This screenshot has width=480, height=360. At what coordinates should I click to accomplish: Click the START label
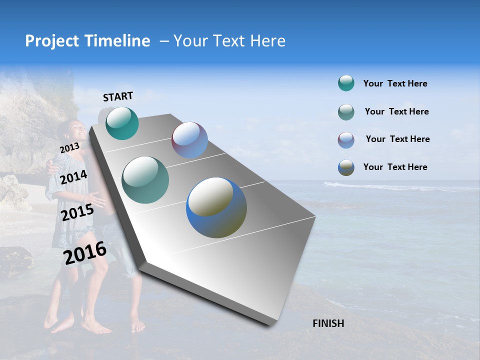click(x=118, y=96)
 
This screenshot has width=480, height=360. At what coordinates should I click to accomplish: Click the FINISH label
click(x=328, y=323)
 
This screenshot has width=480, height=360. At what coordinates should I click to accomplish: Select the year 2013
click(x=69, y=148)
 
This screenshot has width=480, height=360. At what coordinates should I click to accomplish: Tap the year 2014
click(x=74, y=177)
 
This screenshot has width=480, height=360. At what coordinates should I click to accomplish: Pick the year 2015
click(x=77, y=212)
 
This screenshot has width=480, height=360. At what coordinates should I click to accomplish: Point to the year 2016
click(x=85, y=253)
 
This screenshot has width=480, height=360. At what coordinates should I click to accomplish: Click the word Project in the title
click(x=52, y=41)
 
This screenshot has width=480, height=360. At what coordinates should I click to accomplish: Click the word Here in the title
click(x=267, y=41)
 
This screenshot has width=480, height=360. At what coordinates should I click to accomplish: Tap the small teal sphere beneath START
click(x=122, y=123)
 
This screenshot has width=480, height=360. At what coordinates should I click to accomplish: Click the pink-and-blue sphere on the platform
click(x=189, y=140)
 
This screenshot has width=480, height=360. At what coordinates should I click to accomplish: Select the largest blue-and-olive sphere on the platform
click(x=216, y=207)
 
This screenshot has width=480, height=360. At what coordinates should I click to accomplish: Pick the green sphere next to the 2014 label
click(x=145, y=180)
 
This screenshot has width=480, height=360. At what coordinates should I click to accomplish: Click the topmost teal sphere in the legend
click(x=346, y=83)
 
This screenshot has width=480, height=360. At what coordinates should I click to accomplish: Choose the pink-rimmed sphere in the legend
click(x=346, y=139)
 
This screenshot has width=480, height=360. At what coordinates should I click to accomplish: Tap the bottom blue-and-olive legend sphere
click(x=346, y=167)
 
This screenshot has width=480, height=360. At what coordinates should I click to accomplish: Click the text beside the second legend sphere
click(x=396, y=111)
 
